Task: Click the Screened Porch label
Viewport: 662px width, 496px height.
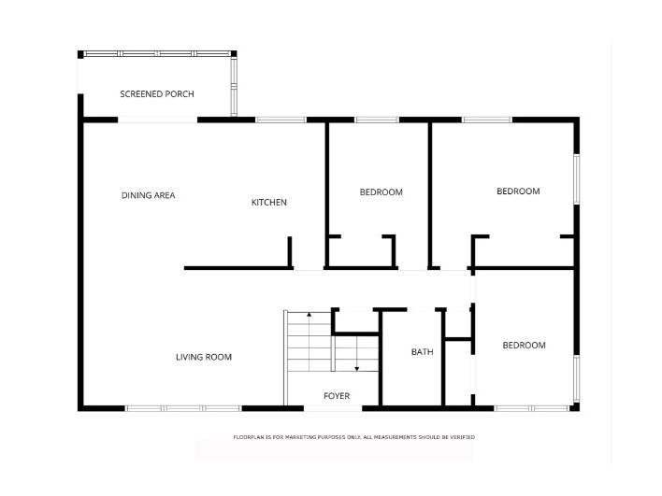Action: [157, 94]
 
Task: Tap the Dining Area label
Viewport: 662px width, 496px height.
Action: [149, 195]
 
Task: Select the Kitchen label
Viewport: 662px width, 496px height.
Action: [269, 203]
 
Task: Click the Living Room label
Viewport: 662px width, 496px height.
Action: [204, 357]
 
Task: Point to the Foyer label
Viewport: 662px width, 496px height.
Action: [337, 396]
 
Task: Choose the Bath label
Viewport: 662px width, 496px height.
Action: [423, 352]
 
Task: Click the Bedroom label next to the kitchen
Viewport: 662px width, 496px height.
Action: [381, 192]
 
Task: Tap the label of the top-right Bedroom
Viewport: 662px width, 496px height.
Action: [518, 191]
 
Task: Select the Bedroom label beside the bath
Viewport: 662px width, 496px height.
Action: [524, 346]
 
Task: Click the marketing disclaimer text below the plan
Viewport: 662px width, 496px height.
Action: [354, 437]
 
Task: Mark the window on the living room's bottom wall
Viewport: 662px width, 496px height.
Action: [183, 408]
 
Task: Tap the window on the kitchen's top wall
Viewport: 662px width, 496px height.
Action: [281, 120]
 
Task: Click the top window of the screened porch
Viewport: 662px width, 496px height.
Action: [155, 53]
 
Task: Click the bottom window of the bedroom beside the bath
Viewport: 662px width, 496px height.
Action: [530, 408]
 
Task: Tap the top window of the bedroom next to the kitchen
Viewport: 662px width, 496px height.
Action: [377, 120]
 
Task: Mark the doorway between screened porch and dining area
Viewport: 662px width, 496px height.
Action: [157, 120]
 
